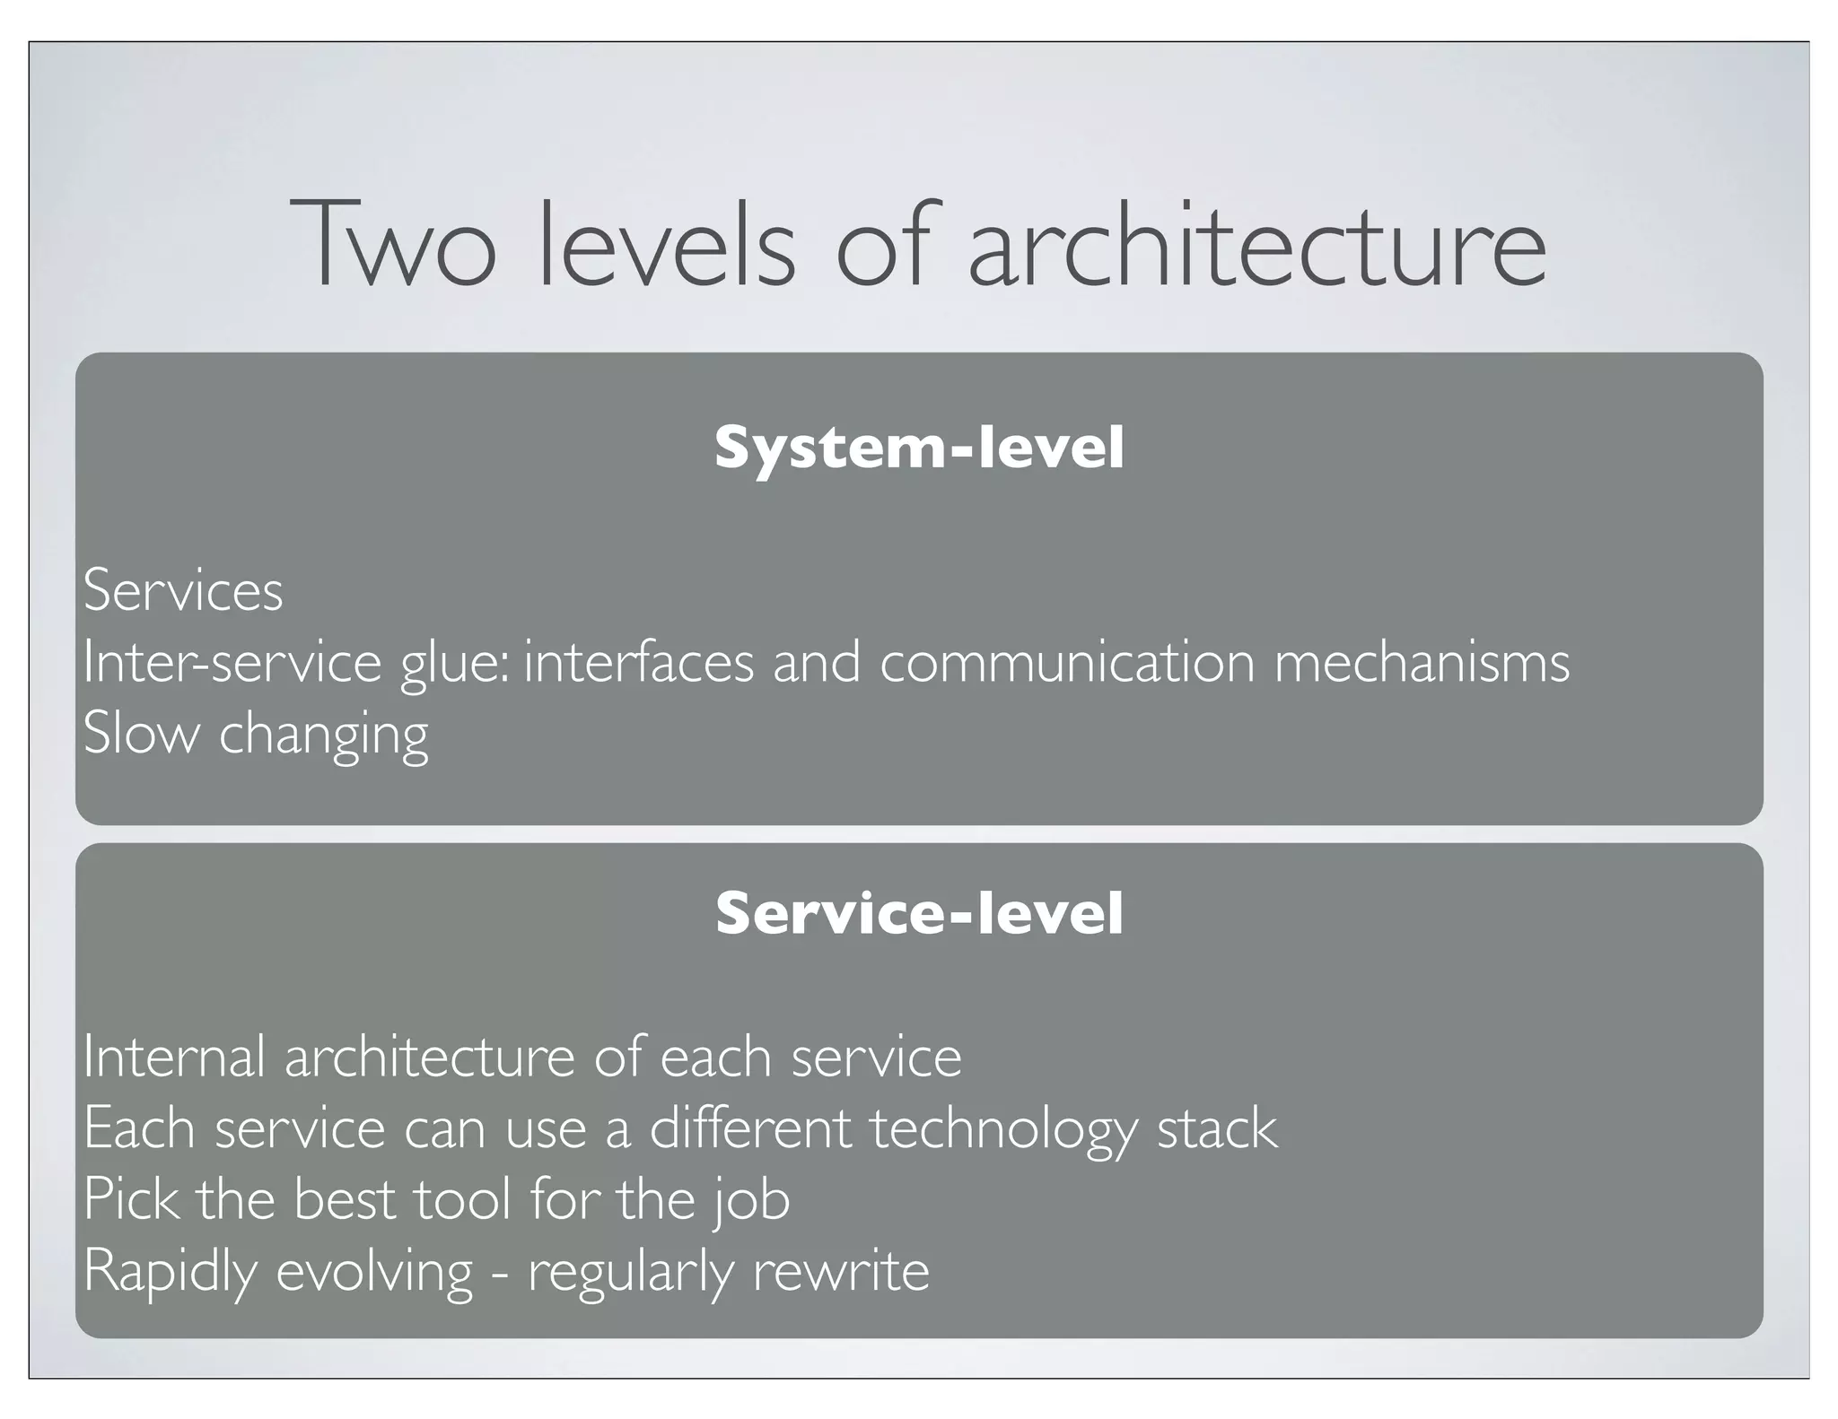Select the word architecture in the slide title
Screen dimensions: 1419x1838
coord(1256,246)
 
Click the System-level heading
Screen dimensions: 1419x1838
coord(919,448)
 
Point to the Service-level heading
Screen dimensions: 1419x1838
coord(919,913)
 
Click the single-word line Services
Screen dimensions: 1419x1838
coord(183,591)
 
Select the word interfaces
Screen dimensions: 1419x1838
coord(639,662)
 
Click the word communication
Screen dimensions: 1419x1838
coord(1067,662)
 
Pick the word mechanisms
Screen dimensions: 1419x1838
coord(1422,662)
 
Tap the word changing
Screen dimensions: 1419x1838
coord(324,736)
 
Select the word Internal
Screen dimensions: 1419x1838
coord(174,1057)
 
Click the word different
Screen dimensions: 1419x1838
coord(749,1127)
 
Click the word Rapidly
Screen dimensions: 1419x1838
coord(171,1272)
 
